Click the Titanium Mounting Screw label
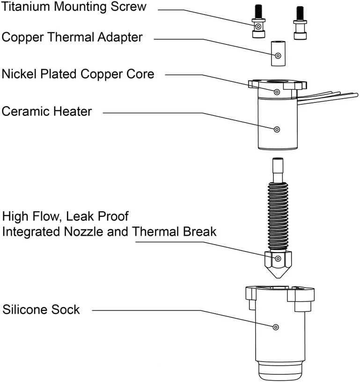coord(73,7)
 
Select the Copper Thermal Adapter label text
coord(72,37)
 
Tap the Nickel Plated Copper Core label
coord(78,74)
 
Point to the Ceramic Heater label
coord(47,111)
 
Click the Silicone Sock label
coord(41,310)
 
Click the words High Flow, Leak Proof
coord(66,216)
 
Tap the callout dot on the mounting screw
coord(258,26)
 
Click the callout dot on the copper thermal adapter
coord(278,56)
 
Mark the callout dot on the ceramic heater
coord(277,130)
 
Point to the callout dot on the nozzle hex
coord(278,259)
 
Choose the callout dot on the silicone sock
coord(276,327)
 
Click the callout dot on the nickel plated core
coord(277,92)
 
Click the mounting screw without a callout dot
coord(300,23)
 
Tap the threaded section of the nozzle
coord(278,217)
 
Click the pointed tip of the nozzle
coord(278,277)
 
